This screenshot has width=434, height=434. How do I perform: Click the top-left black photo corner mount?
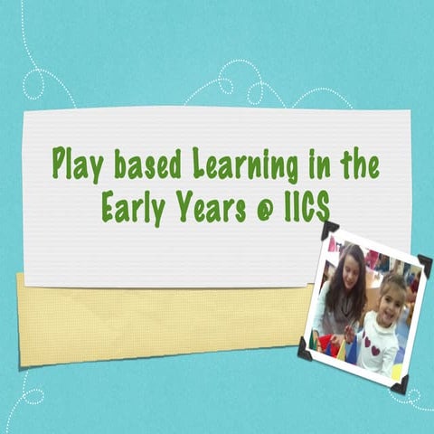pyautogui.click(x=330, y=230)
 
